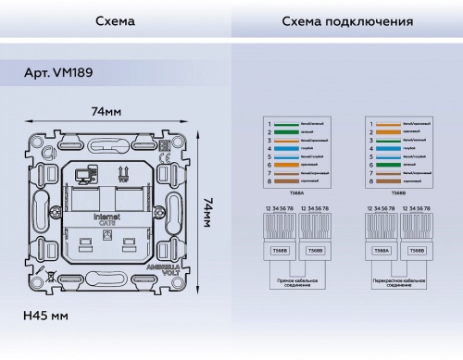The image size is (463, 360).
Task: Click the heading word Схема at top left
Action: pos(115,20)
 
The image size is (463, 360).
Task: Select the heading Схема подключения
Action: pos(345,20)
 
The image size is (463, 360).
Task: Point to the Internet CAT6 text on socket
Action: pos(108,218)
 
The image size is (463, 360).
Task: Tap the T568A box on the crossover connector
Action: pos(380,250)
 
